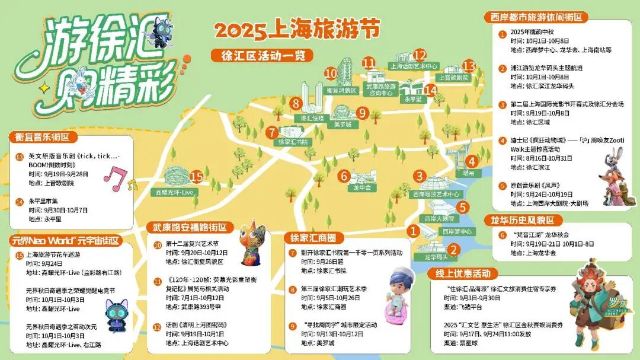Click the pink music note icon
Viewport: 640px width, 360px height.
[117, 177]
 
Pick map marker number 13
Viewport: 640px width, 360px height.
[467, 65]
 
